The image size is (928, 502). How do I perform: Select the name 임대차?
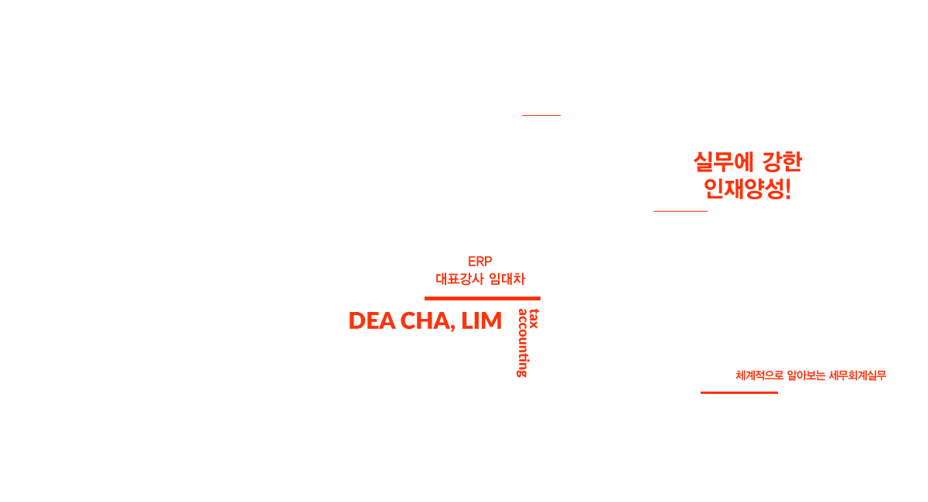pyautogui.click(x=507, y=280)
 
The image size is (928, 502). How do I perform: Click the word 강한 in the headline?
pyautogui.click(x=782, y=162)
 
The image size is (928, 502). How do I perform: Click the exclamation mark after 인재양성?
pyautogui.click(x=788, y=188)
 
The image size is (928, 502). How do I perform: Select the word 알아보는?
pyautogui.click(x=806, y=376)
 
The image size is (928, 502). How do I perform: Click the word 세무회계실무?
pyautogui.click(x=856, y=376)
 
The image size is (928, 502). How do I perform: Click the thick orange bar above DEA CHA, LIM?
pyautogui.click(x=482, y=298)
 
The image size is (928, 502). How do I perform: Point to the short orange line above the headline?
pyautogui.click(x=541, y=115)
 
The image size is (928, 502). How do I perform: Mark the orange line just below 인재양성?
pyautogui.click(x=680, y=210)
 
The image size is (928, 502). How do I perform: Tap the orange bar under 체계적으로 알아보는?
pyautogui.click(x=739, y=392)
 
